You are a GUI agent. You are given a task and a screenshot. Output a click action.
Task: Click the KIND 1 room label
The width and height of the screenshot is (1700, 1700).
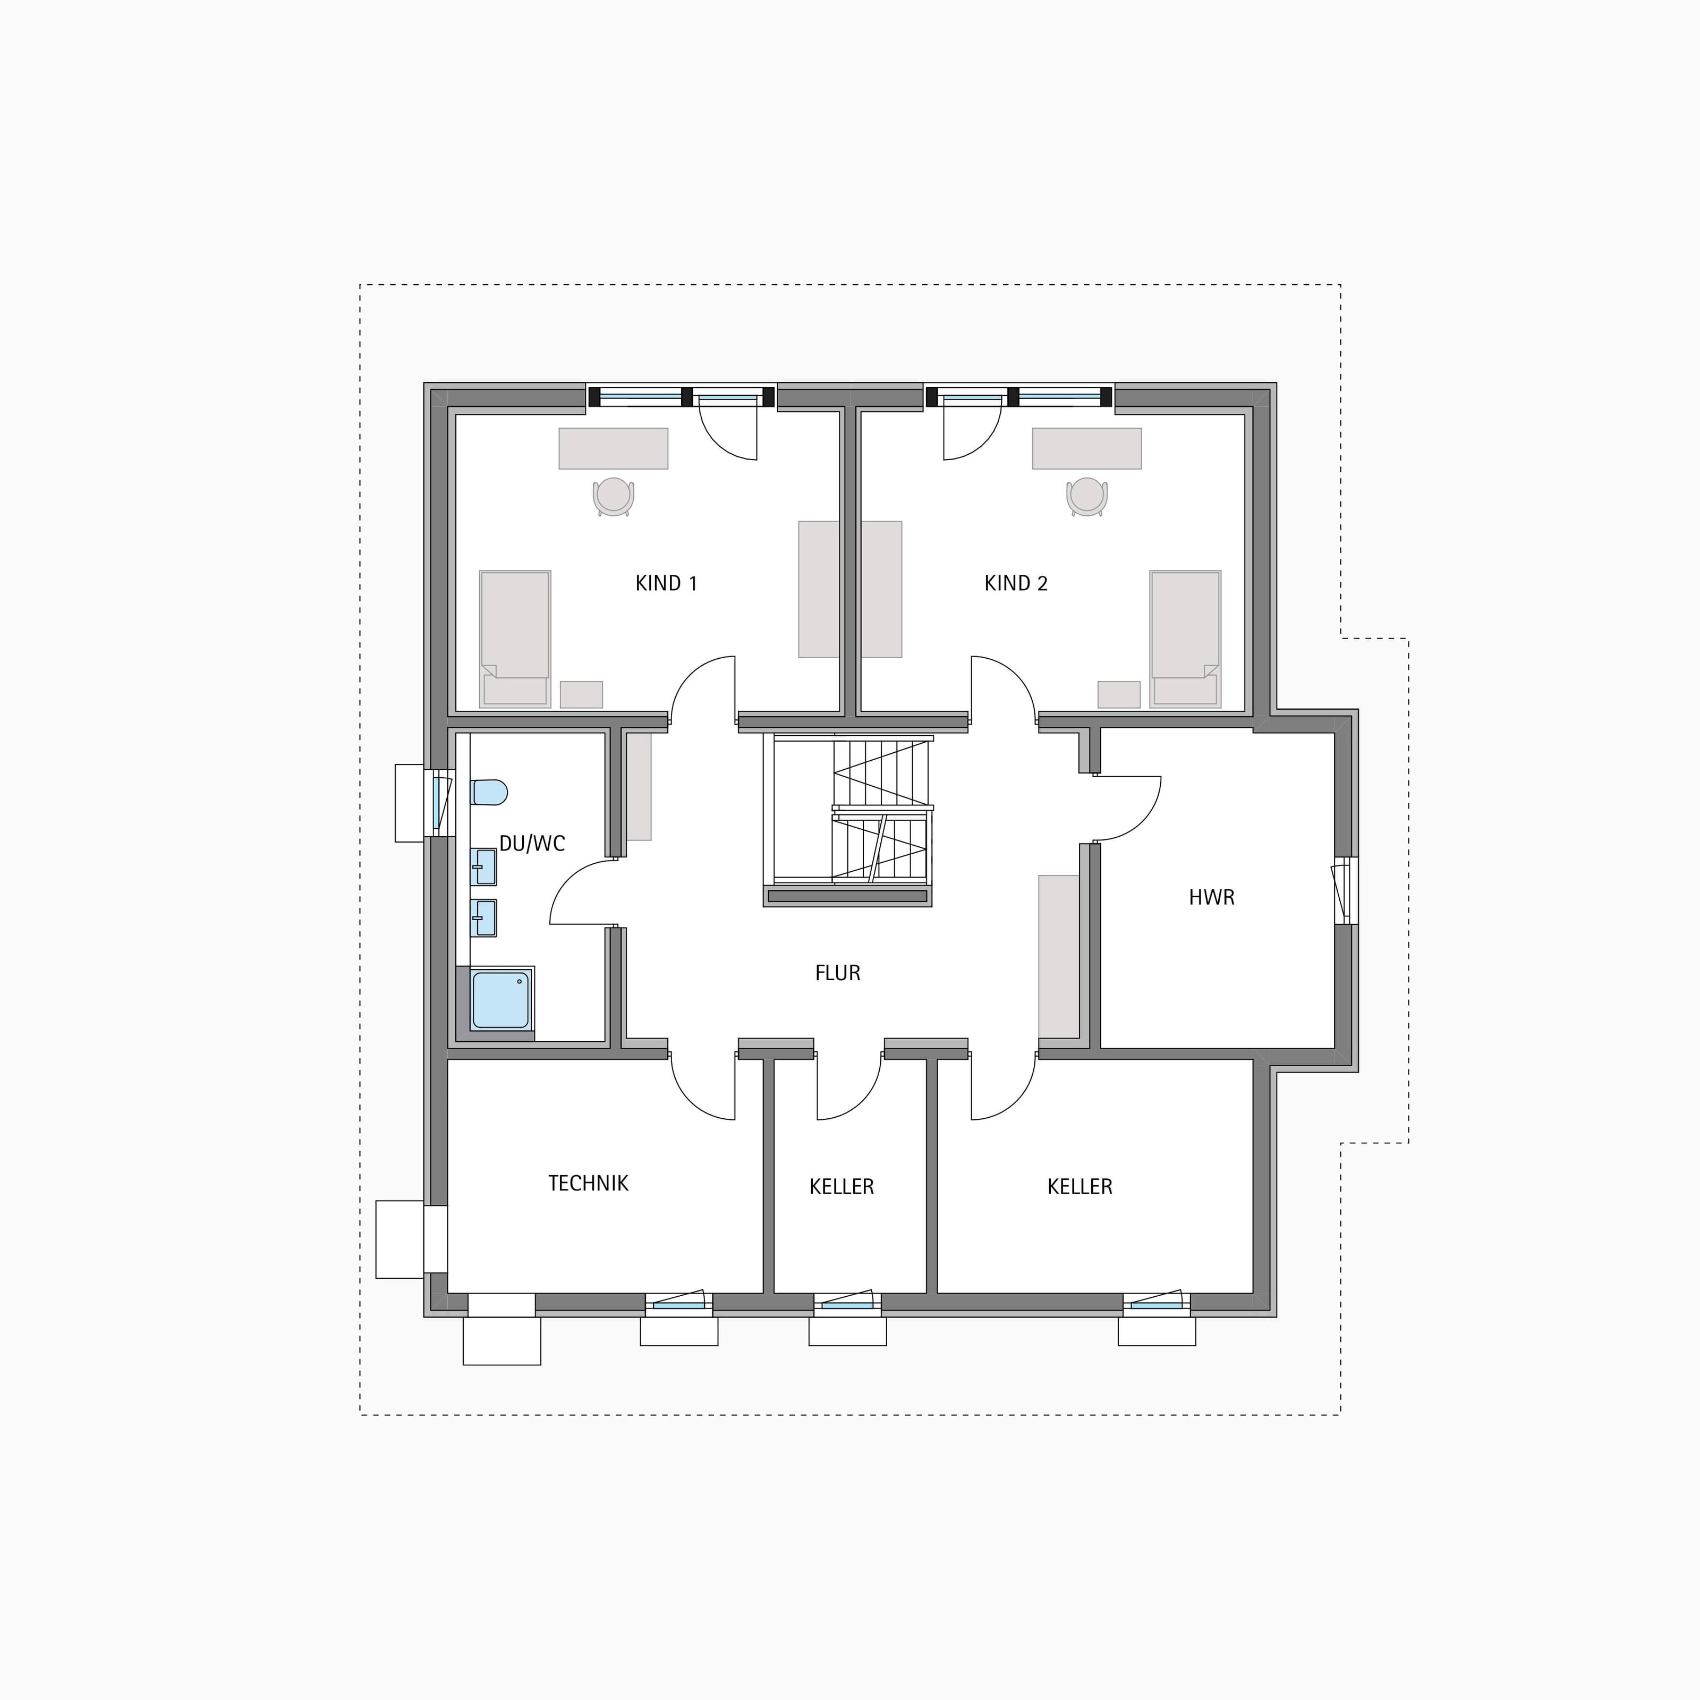[666, 583]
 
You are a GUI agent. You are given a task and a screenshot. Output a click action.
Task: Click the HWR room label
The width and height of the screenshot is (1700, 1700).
[1212, 897]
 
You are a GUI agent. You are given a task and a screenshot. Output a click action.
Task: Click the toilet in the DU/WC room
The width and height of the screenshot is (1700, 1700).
[489, 792]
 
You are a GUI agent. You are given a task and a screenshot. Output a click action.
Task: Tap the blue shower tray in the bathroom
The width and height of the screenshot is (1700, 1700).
[500, 1000]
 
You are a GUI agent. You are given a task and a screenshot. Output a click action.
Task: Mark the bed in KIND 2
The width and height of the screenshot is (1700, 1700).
[1185, 639]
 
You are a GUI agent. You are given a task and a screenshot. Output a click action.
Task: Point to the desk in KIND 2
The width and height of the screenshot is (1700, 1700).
[1087, 449]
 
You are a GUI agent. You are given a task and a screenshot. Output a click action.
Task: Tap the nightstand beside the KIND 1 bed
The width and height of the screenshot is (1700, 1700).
[582, 694]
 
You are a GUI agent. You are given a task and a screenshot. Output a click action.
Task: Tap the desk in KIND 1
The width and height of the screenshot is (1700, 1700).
[613, 449]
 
